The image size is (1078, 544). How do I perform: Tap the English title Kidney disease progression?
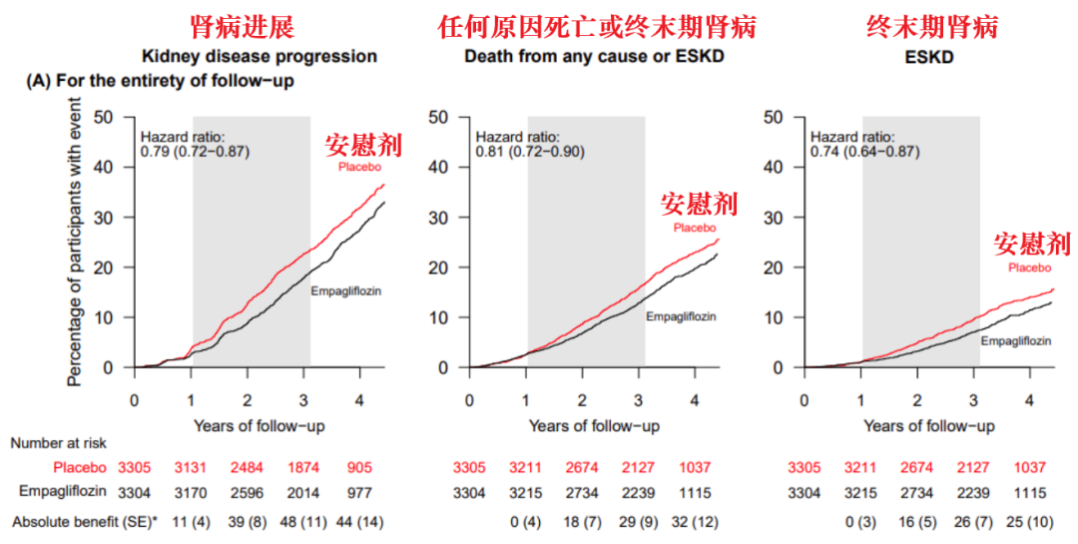click(259, 57)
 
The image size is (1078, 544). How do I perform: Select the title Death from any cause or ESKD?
click(594, 57)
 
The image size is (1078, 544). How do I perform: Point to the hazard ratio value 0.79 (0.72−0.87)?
click(195, 153)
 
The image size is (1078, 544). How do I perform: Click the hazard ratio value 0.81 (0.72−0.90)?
click(530, 153)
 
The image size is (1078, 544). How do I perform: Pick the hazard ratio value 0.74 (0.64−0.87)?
click(865, 153)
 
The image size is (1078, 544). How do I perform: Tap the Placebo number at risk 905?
click(361, 467)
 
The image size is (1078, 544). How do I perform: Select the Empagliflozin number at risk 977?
click(361, 492)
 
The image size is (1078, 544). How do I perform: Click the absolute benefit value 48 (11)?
click(305, 522)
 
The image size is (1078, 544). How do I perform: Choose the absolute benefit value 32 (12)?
click(696, 522)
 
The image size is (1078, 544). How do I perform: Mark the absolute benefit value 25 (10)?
click(1031, 522)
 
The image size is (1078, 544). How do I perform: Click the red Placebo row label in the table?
click(80, 467)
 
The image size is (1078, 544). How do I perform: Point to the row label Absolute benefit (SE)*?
click(85, 522)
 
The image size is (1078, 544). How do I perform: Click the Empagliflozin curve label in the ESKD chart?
click(1015, 340)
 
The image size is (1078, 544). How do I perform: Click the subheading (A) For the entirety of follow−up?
click(160, 81)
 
